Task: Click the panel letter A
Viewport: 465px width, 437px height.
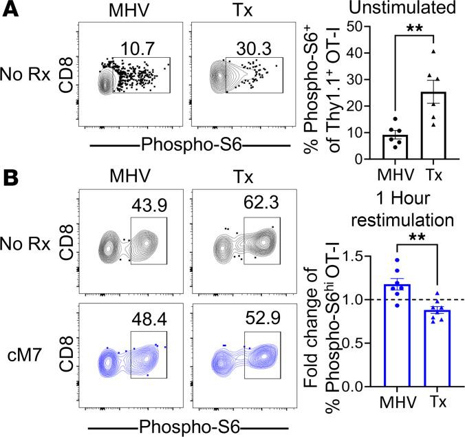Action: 10,10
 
